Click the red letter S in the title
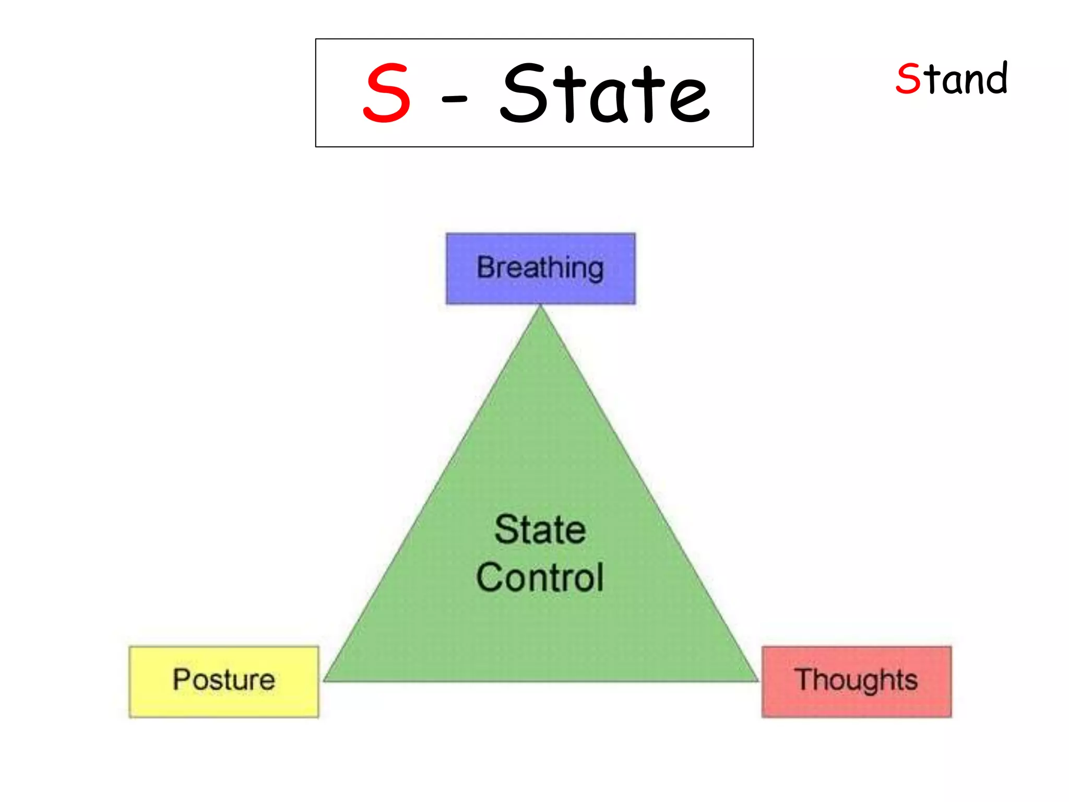387,93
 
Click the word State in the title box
604,93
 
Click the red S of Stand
908,79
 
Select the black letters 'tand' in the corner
965,79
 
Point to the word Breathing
540,268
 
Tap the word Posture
224,680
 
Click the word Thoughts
856,680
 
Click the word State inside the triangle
540,529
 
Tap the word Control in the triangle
540,577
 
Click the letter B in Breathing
486,267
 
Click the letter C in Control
490,577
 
